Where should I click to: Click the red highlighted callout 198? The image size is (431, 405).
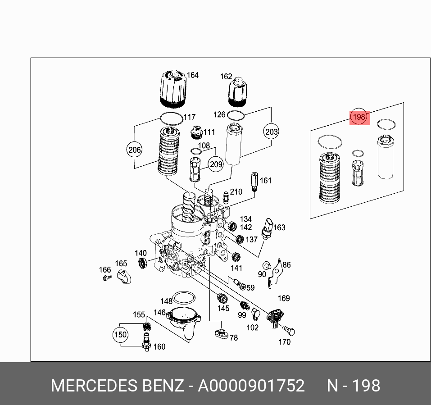coord(359,118)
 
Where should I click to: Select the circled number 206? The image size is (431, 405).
coord(135,150)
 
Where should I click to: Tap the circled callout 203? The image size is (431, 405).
coord(271,132)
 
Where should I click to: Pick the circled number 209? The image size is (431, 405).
coord(216,164)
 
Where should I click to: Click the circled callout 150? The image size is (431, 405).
coord(120,335)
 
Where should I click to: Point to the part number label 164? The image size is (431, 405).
coord(193,75)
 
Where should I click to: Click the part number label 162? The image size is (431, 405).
coord(226,77)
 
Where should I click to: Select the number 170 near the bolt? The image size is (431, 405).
coord(284,342)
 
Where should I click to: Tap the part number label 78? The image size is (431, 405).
coord(234,337)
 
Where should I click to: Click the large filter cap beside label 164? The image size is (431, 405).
coord(172,90)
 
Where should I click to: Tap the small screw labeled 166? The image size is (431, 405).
coord(105,279)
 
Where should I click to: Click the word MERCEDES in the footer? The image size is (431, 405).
coord(94,386)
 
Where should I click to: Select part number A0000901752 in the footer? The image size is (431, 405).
coord(252,386)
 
